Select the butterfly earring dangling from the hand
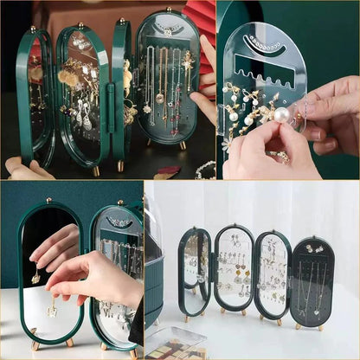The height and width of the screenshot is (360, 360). (x=52, y=306)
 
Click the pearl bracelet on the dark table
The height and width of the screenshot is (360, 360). (x=204, y=170)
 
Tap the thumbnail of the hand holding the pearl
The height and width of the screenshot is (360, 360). (x=287, y=90)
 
